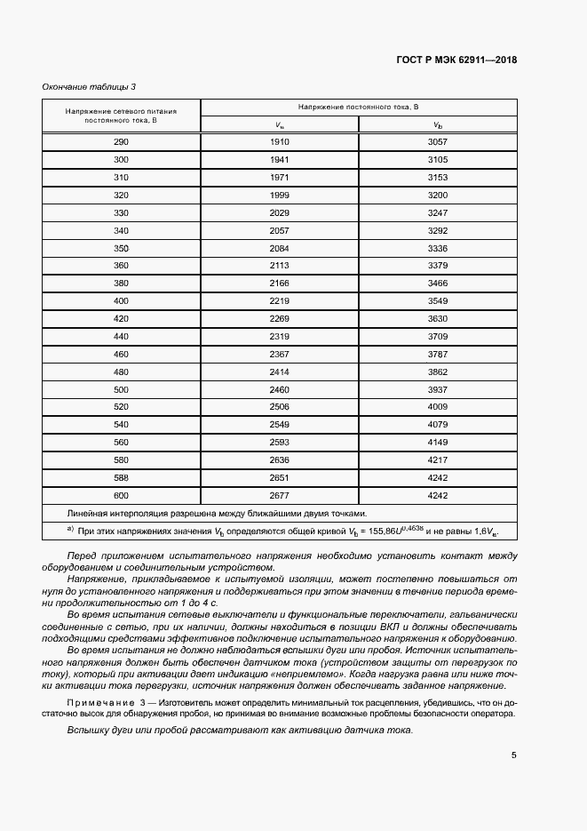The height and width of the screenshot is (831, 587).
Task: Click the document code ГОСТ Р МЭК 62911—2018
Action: (x=456, y=60)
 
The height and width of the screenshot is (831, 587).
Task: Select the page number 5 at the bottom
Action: (x=513, y=755)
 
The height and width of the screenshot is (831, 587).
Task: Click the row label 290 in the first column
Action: (x=121, y=142)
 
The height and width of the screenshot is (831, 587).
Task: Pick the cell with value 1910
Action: (x=280, y=142)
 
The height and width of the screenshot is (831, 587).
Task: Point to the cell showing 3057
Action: (x=437, y=142)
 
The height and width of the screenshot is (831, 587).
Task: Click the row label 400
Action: (x=121, y=301)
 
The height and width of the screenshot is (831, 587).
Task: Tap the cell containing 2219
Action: (x=280, y=301)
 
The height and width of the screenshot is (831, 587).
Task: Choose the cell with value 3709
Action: (x=437, y=337)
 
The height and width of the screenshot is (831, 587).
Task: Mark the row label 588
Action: (x=121, y=477)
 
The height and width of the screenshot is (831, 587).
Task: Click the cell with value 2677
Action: (x=280, y=495)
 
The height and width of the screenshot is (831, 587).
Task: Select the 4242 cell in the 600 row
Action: (x=437, y=495)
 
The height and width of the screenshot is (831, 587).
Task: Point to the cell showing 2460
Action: (x=280, y=389)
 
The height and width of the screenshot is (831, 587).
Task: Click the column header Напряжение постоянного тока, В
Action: (x=359, y=108)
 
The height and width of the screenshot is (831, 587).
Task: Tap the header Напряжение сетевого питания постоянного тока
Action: (x=121, y=116)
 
